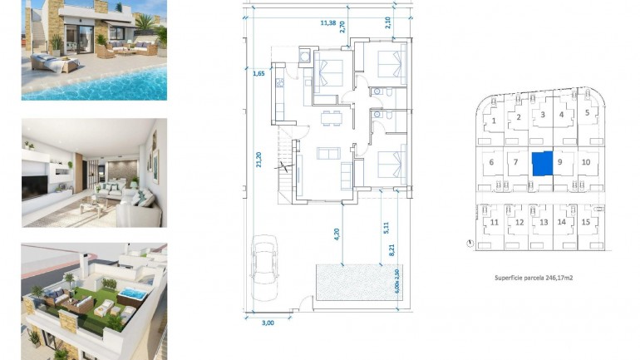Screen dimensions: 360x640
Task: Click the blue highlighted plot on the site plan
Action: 542,164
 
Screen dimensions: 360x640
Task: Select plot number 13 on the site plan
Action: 543,222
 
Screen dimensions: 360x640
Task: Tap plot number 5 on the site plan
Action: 586,112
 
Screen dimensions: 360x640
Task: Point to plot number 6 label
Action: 491,162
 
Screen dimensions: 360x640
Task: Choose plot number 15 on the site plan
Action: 586,222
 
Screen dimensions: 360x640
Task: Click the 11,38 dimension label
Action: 329,22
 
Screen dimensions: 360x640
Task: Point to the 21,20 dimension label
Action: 259,158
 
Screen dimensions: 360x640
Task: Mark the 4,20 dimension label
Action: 335,234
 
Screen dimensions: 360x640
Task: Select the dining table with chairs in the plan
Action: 331,116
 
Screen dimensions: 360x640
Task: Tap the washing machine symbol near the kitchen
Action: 305,57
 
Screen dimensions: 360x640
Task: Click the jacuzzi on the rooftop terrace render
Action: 131,296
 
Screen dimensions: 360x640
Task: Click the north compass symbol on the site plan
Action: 471,244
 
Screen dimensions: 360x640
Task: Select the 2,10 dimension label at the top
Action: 388,22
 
